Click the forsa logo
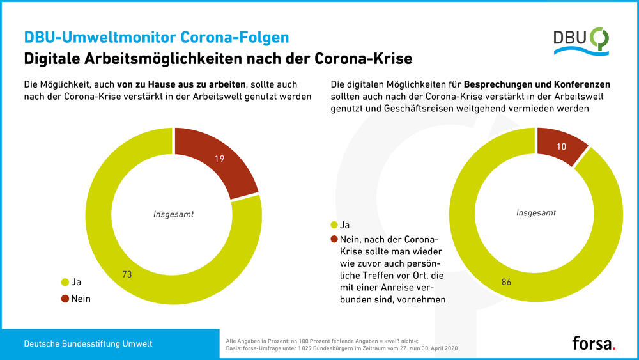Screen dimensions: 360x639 coord(594,343)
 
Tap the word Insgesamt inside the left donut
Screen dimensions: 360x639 coord(173,214)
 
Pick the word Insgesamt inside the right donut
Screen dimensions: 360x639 coord(535,212)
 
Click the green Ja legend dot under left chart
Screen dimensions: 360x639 coord(64,281)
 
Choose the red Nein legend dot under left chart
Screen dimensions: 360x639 coord(64,297)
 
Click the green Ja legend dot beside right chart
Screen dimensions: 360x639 coord(334,225)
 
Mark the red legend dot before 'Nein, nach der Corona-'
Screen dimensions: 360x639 coord(334,239)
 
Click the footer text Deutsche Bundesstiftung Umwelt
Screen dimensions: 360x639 coord(88,344)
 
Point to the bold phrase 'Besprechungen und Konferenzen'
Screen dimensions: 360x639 coord(537,84)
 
